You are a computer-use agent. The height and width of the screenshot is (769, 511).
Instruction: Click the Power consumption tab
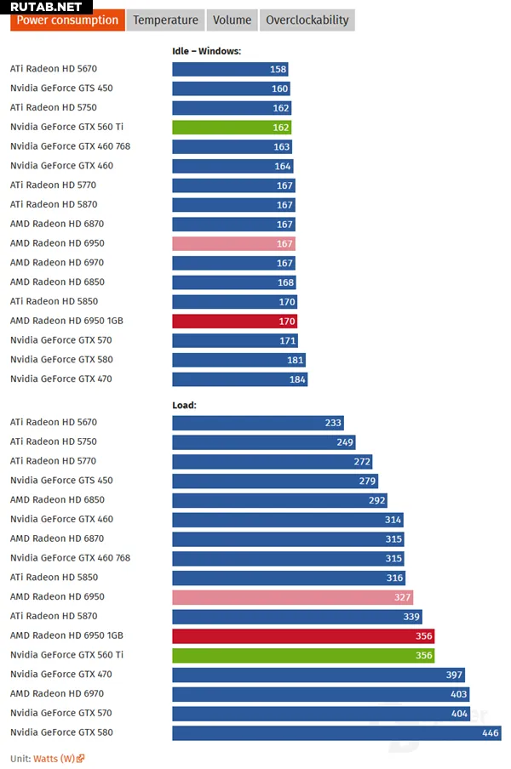tap(67, 20)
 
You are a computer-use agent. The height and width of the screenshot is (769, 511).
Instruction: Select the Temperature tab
tap(165, 20)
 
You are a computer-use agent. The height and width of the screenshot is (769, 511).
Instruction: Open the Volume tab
tap(232, 20)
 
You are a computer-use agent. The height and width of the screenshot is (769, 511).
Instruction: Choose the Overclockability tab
tap(307, 20)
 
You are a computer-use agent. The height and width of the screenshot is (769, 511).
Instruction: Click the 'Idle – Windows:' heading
tap(206, 51)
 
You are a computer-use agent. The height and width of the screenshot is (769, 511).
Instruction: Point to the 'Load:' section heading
tap(184, 405)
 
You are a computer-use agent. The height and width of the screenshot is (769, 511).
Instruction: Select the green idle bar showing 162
tap(232, 127)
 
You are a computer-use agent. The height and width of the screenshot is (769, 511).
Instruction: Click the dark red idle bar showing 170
tap(234, 321)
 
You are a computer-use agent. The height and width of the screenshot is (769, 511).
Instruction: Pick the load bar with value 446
tap(336, 732)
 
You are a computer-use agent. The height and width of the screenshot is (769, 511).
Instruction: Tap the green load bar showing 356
tap(303, 655)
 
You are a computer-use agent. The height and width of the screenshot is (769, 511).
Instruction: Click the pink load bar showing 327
tap(292, 597)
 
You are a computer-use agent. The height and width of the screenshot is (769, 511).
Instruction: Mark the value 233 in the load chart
tap(333, 423)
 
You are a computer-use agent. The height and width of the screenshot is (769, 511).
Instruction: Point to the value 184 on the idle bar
tap(296, 379)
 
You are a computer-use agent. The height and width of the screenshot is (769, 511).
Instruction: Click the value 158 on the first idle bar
tap(278, 69)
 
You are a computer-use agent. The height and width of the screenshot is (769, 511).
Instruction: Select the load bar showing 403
tap(319, 694)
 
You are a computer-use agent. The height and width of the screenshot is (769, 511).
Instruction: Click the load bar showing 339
tap(296, 617)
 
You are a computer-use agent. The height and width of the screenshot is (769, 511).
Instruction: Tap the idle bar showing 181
tap(238, 360)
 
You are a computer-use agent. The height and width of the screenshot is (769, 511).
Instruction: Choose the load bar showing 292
tap(281, 500)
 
